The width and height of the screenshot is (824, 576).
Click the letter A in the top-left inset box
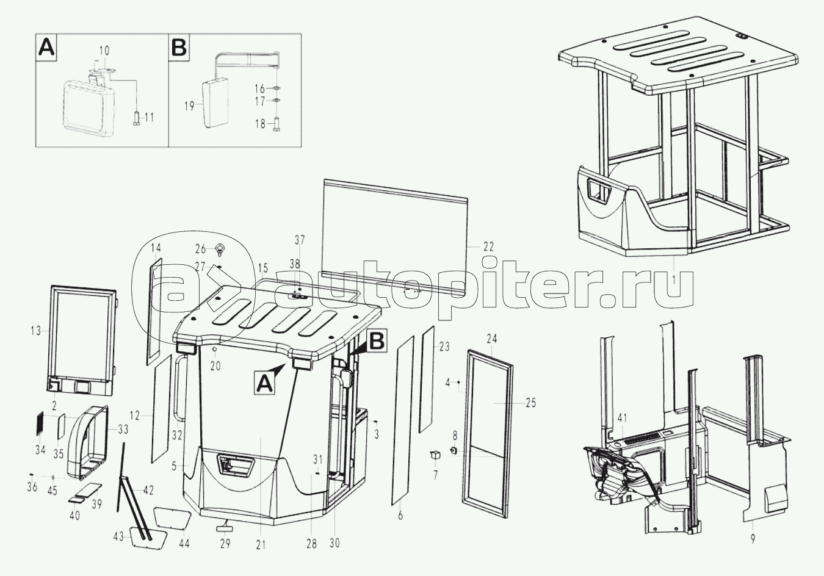47,47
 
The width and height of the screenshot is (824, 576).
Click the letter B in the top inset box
179,47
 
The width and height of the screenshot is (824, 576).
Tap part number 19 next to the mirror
190,106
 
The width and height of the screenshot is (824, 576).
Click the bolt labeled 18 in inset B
277,124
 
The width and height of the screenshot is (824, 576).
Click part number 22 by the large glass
488,247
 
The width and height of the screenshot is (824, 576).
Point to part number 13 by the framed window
36,331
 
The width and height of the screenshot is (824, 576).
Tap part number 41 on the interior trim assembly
621,418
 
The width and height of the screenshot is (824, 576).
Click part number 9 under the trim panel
753,539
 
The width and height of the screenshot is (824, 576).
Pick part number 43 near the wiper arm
119,536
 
